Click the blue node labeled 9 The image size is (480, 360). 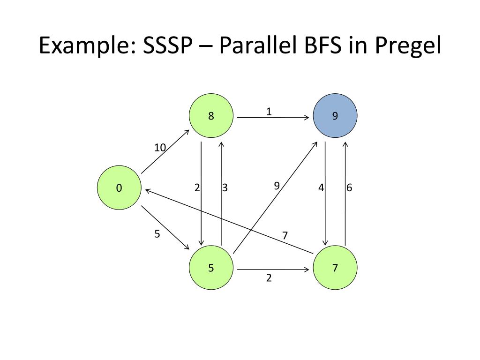point(335,115)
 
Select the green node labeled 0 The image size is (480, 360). point(119,188)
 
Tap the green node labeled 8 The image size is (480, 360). point(211,115)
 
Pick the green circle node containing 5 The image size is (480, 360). point(211,268)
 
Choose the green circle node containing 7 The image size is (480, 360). point(335,268)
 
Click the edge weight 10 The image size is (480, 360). point(160,148)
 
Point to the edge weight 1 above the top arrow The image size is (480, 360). point(269,112)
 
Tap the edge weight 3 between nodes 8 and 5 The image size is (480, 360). point(225,188)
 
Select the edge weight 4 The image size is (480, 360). point(321,188)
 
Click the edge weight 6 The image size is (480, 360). point(349,188)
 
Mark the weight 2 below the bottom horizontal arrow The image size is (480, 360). point(269,278)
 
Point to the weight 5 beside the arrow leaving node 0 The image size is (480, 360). point(157,234)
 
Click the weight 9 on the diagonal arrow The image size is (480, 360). point(277,186)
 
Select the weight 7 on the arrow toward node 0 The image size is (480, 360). point(285,235)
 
